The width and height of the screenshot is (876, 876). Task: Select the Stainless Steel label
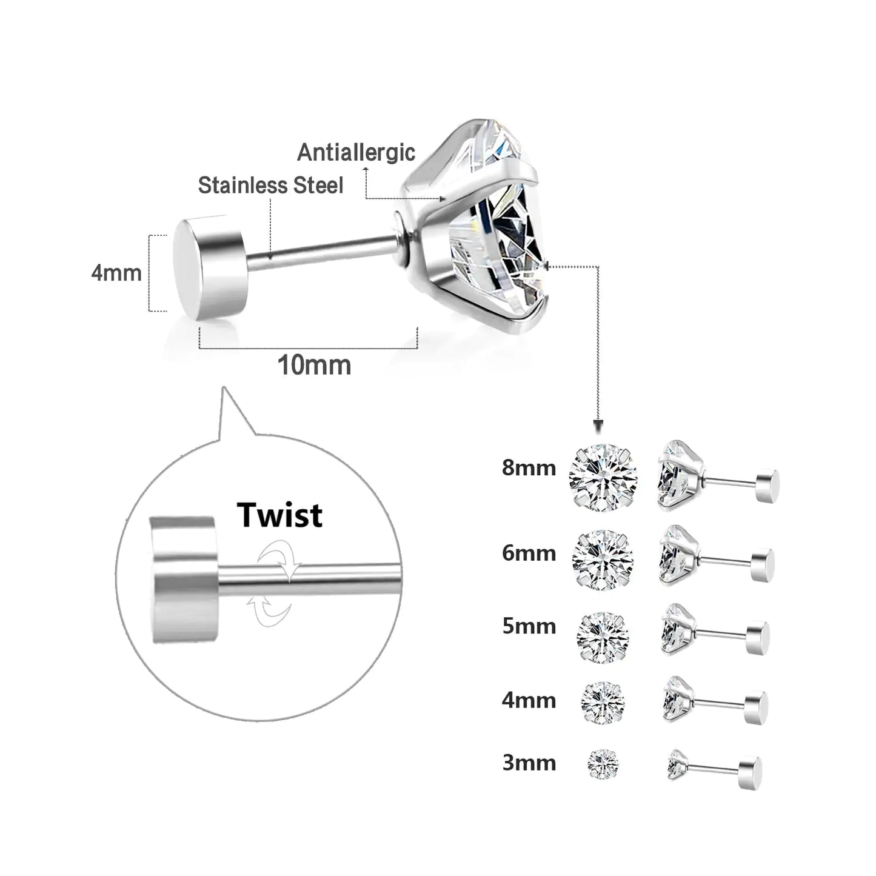(x=270, y=186)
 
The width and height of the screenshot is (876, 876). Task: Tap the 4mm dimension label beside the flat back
(x=116, y=273)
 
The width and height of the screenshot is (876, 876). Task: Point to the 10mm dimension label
(x=314, y=366)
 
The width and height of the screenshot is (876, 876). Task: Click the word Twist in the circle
(x=280, y=515)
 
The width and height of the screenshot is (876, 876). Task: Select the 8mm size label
(x=529, y=468)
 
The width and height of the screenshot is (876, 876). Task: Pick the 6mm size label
(x=529, y=553)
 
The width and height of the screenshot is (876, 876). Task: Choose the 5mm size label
(x=529, y=626)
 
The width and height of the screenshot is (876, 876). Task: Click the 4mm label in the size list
(x=529, y=700)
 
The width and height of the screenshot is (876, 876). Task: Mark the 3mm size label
(x=529, y=763)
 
